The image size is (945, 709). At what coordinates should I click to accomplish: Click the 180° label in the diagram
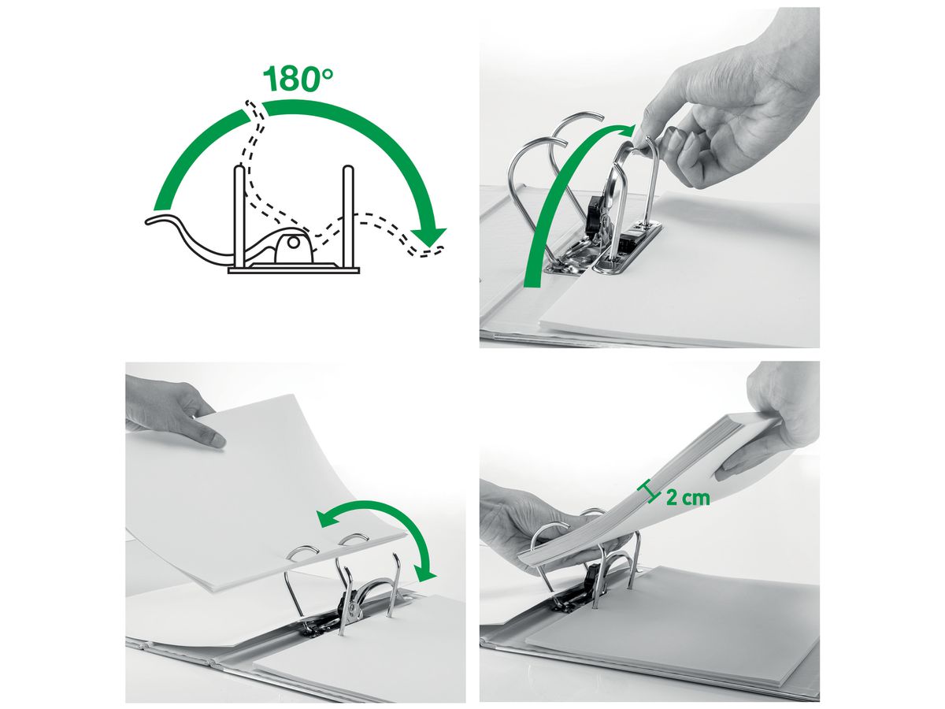point(298,79)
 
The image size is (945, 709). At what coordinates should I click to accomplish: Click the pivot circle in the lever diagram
point(293,244)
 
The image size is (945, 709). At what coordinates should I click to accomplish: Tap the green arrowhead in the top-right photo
point(626,130)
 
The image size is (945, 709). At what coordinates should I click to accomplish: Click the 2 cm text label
point(687,498)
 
